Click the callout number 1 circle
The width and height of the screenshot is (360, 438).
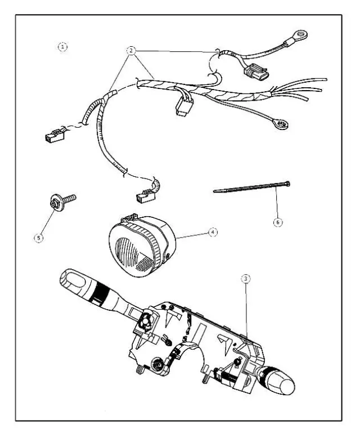(64, 47)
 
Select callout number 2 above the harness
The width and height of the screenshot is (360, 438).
(131, 51)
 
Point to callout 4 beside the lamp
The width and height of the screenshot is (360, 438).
(211, 232)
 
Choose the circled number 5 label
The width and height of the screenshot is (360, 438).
(38, 238)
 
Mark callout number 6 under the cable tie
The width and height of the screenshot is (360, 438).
(277, 222)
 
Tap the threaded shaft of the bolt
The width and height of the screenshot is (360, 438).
(70, 198)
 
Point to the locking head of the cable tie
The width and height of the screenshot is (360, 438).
(288, 182)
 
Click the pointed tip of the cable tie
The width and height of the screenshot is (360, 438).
(217, 191)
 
